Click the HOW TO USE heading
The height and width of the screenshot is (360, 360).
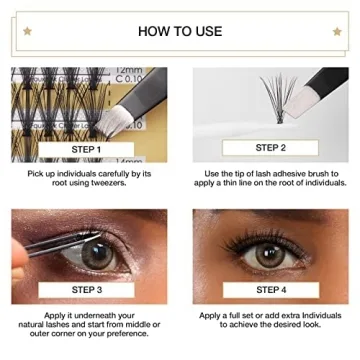click(180, 31)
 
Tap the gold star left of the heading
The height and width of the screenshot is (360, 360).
click(24, 31)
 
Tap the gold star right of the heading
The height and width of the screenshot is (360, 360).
click(336, 31)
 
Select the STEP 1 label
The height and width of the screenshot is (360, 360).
click(88, 150)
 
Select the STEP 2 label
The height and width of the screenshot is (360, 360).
click(270, 147)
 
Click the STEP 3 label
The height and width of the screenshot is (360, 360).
click(88, 290)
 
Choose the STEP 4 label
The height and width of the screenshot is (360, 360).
click(270, 290)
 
